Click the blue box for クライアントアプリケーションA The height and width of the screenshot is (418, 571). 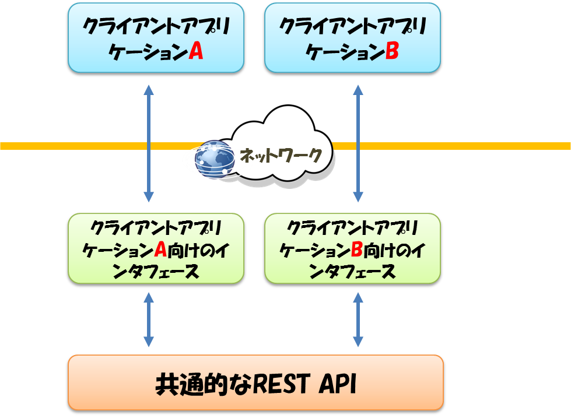(x=155, y=38)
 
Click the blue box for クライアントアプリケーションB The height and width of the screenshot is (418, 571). (x=352, y=38)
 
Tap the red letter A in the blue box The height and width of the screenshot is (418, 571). (x=195, y=52)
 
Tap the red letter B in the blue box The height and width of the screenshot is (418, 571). (x=391, y=52)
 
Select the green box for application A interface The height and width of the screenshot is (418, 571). (x=155, y=249)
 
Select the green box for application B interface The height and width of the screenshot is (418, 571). (x=352, y=249)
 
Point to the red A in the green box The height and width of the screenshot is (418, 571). (x=160, y=251)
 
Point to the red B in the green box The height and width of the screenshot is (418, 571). (x=357, y=251)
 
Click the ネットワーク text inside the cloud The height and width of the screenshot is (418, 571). (x=282, y=155)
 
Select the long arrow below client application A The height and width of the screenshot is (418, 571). (x=149, y=143)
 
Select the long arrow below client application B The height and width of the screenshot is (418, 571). (x=358, y=143)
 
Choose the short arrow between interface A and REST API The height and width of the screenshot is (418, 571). (x=149, y=320)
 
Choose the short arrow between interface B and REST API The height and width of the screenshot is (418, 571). (x=358, y=320)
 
